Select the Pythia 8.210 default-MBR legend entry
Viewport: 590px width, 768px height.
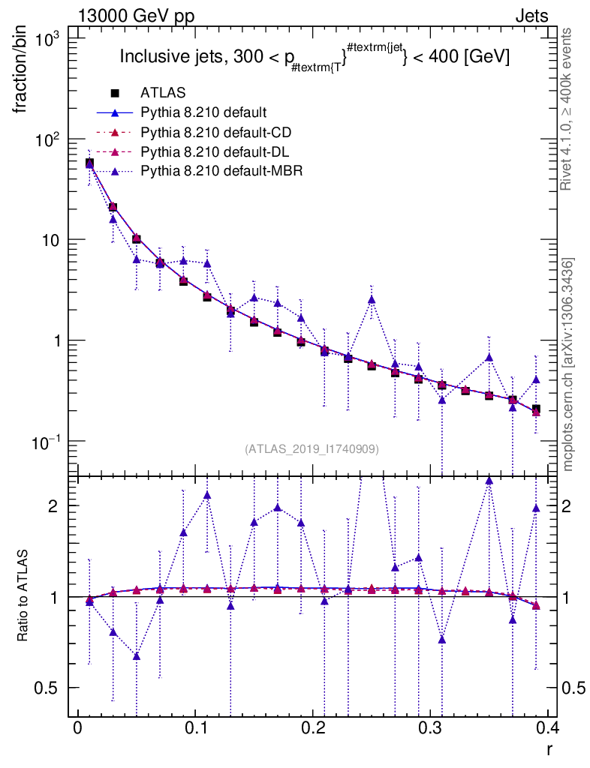pos(221,171)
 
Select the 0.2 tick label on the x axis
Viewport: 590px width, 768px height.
pos(314,730)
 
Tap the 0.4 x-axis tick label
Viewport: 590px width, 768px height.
pos(549,730)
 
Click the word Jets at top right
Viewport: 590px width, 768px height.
pos(531,16)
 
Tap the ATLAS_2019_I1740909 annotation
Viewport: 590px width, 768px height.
pos(312,448)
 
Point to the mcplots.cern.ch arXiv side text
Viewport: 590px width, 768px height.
pos(568,364)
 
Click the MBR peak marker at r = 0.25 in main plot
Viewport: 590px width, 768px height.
pos(372,299)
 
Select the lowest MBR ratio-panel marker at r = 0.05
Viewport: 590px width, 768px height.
pos(137,655)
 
